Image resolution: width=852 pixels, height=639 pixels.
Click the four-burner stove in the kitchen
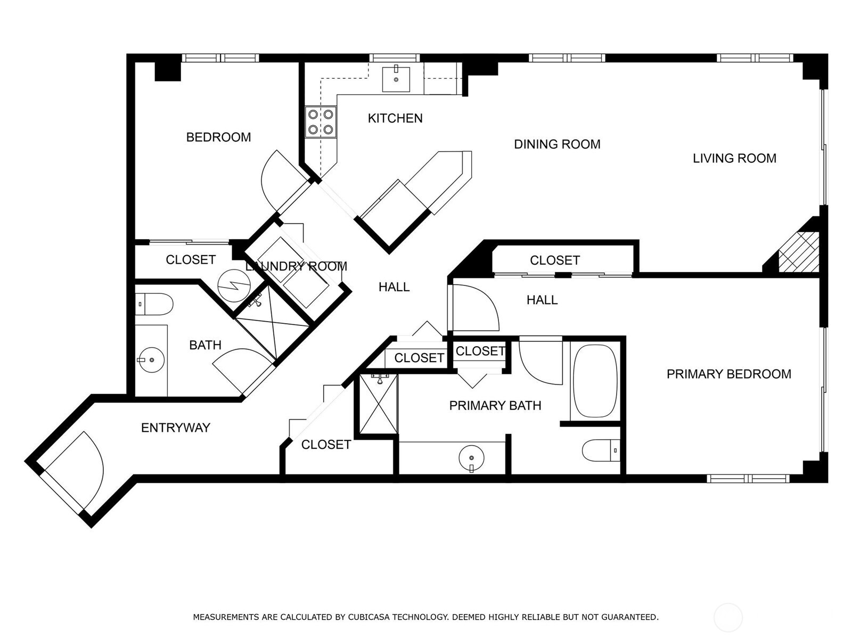[x=321, y=122]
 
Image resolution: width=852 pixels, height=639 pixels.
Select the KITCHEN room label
[x=395, y=118]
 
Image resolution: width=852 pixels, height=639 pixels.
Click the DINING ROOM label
[x=557, y=144]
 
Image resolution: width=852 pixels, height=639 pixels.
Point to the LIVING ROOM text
[x=734, y=158]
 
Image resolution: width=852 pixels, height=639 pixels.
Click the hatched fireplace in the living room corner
[x=798, y=252]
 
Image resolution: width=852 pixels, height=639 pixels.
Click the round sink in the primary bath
[x=471, y=457]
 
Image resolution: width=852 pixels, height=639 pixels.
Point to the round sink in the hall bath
[x=151, y=360]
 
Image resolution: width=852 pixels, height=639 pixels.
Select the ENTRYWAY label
[x=175, y=428]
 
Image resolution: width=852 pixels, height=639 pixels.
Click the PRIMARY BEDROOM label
[x=728, y=374]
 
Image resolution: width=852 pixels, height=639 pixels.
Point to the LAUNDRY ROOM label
[x=296, y=266]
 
